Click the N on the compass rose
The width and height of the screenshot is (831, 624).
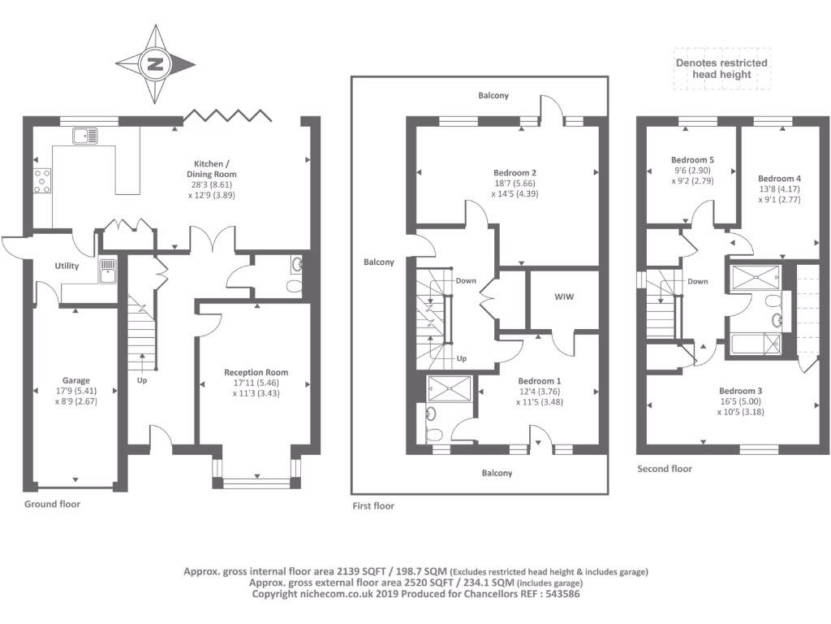click(x=156, y=64)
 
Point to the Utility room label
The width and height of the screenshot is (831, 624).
click(x=67, y=266)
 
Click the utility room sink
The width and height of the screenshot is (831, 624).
click(x=107, y=271)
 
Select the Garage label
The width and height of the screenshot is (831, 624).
click(x=76, y=380)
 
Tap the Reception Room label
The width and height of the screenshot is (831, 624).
click(x=256, y=372)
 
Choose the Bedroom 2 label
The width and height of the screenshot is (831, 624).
click(x=515, y=172)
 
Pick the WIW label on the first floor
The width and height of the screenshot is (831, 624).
click(x=564, y=297)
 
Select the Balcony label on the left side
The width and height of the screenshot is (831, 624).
click(x=378, y=262)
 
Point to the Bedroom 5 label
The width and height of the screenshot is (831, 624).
click(x=692, y=160)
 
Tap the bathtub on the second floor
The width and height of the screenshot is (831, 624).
click(x=754, y=345)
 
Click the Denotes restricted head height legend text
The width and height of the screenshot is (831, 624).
click(x=721, y=68)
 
